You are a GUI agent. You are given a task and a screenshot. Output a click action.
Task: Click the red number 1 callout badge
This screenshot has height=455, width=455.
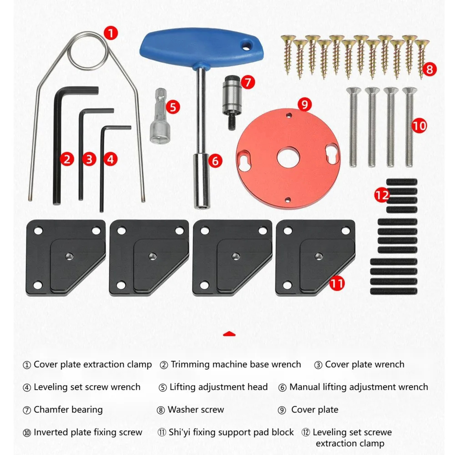(111, 33)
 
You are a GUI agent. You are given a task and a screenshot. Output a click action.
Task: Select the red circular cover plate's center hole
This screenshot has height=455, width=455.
(288, 157)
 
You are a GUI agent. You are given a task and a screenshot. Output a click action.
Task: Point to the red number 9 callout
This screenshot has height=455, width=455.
(304, 104)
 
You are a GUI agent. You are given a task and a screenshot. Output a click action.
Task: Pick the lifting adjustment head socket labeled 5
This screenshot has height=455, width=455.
(158, 116)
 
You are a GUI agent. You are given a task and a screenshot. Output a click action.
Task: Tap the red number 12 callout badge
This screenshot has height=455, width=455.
(382, 195)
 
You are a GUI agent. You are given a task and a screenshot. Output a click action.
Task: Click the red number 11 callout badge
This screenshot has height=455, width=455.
(337, 283)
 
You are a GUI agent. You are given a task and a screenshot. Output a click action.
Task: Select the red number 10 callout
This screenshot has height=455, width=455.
(420, 126)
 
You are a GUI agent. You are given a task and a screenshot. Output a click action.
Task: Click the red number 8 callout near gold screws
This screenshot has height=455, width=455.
(429, 69)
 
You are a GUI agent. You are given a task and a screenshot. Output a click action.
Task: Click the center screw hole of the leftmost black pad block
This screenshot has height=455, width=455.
(69, 256)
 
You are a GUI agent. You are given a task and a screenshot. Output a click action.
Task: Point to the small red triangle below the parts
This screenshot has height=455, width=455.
(229, 334)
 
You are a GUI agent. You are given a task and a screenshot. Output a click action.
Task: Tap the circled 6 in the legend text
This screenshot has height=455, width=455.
(283, 387)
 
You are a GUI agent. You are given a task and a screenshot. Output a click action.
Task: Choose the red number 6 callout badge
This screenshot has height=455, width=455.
(215, 161)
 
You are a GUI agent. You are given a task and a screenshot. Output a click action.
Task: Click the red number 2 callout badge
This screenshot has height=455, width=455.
(67, 159)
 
